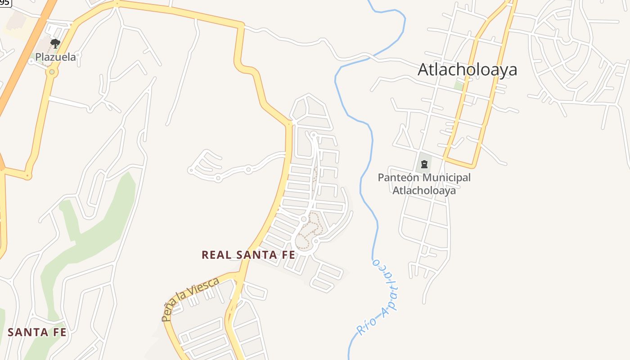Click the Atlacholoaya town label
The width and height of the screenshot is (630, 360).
point(467,70)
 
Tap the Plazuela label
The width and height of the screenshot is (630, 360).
point(56,57)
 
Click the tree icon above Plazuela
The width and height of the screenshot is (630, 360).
point(55,44)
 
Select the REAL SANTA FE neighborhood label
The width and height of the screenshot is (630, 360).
point(248,255)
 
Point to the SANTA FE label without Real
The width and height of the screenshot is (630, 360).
point(37,333)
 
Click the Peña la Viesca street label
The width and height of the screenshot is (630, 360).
point(190,299)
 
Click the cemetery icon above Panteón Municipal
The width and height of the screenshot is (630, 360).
point(424,164)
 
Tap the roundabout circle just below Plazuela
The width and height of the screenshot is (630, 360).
point(52,72)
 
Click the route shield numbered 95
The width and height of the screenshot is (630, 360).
point(4,2)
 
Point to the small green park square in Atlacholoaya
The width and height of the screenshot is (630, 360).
point(458,85)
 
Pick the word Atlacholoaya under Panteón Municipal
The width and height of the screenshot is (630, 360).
point(424,190)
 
